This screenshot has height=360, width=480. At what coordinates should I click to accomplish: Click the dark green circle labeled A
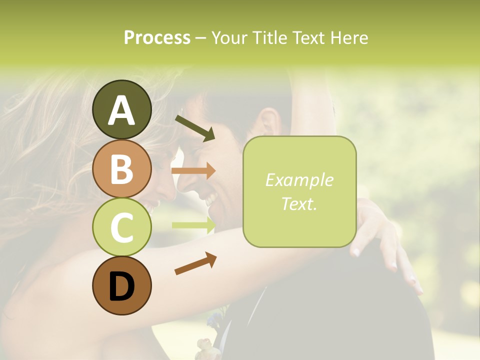pos(121,109)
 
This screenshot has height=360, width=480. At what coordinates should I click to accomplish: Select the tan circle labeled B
pos(121,168)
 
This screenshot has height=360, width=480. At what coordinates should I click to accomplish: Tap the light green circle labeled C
pos(121,227)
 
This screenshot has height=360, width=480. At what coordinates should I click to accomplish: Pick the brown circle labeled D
pos(121,285)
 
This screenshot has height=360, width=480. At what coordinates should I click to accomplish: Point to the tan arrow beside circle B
pos(193,171)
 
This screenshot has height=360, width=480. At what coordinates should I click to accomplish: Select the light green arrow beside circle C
pos(193,225)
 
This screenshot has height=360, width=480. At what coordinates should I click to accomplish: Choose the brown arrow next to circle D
pos(195,263)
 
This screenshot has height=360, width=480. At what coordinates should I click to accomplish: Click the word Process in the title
pos(157,37)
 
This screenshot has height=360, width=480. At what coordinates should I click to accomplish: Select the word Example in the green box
pos(299,180)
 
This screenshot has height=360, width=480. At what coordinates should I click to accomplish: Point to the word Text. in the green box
pos(299,203)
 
